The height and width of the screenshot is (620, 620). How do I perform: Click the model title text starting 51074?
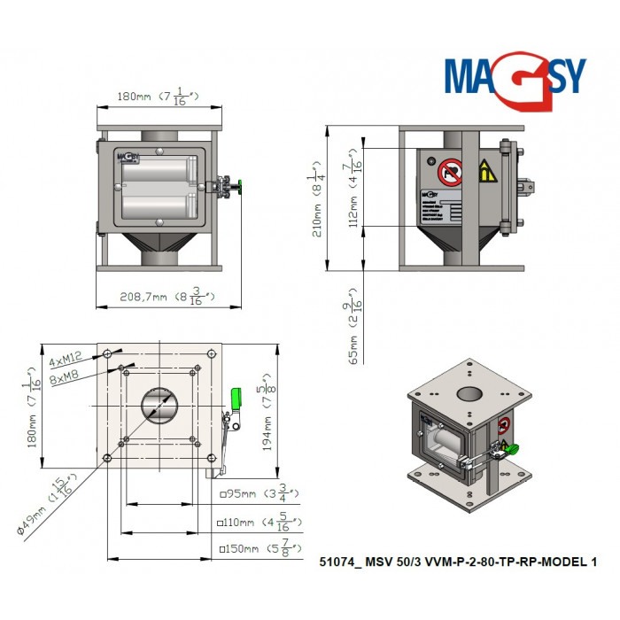click(x=457, y=561)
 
